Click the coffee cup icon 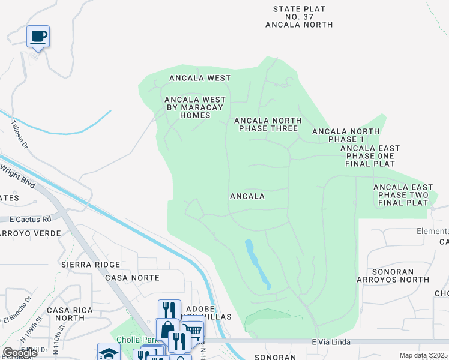click(x=38, y=37)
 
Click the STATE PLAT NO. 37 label click(x=299, y=17)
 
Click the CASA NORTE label click(x=132, y=278)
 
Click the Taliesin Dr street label click(x=19, y=134)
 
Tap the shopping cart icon click(x=192, y=331)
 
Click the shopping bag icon click(x=166, y=329)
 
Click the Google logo click(x=20, y=352)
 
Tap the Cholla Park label click(x=134, y=339)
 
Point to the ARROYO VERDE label click(x=30, y=233)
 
